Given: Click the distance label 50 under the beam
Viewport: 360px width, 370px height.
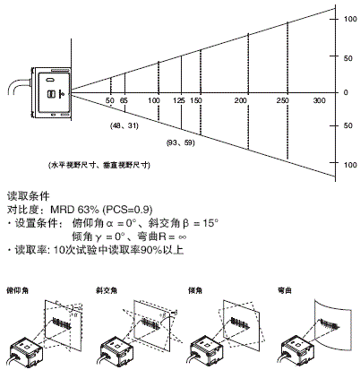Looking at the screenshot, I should pos(109,101).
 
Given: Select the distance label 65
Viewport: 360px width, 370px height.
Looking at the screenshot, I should pos(124,101).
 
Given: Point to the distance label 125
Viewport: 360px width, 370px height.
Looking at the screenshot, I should pos(180,101).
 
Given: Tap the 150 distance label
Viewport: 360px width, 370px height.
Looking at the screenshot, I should pos(196,101).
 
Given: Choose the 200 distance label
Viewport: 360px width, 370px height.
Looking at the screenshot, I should pos(240,101).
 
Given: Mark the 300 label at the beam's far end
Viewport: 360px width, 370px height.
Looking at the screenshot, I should pos(320,101).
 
